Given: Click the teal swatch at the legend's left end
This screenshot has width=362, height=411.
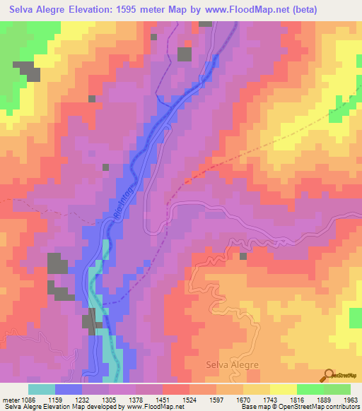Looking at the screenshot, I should coord(42,389).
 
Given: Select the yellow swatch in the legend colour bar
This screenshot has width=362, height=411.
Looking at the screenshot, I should coord(282,389).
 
